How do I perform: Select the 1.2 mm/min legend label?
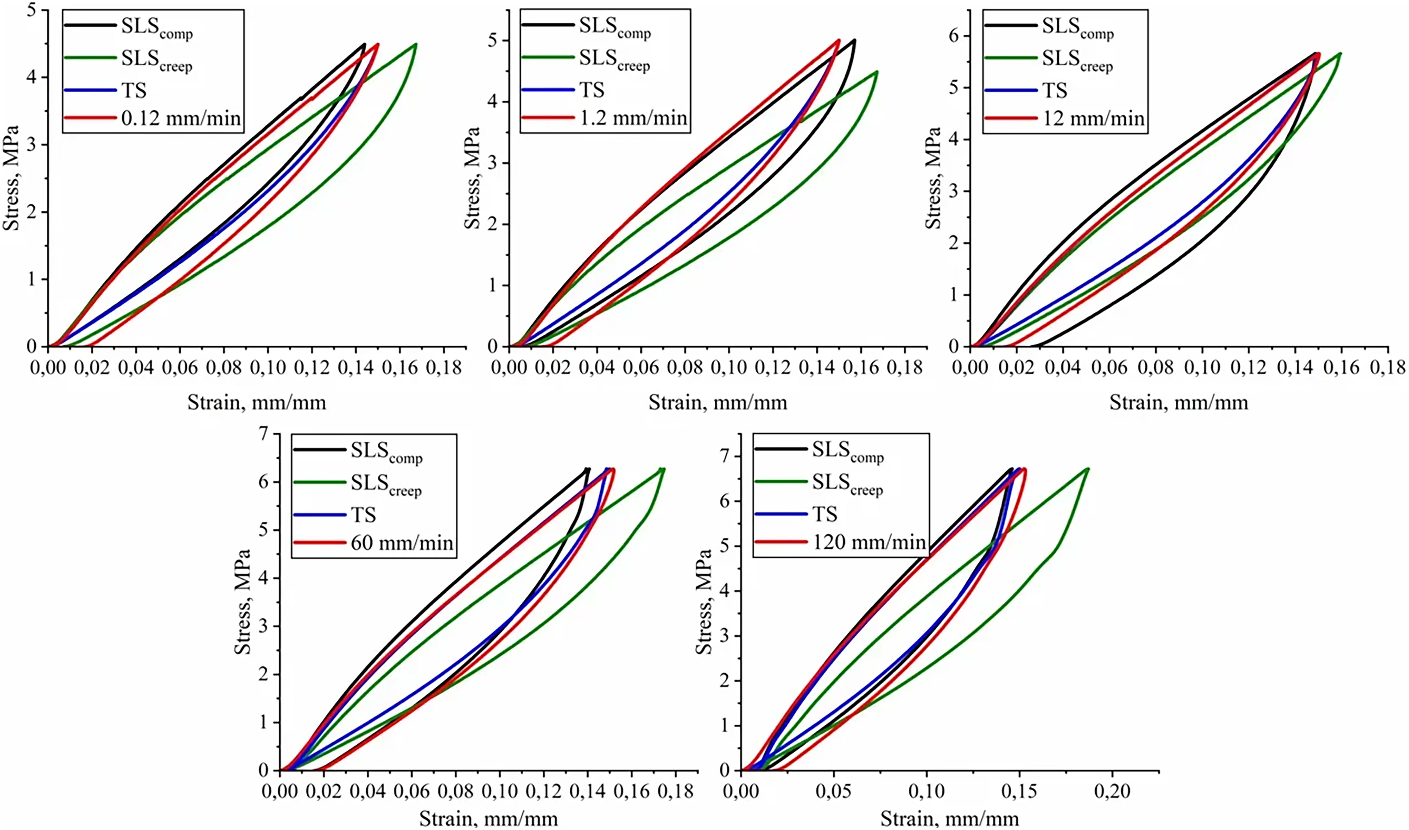(633, 118)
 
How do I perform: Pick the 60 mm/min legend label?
(402, 543)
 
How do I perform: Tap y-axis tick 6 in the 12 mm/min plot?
(954, 36)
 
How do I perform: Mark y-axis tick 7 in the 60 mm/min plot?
(263, 434)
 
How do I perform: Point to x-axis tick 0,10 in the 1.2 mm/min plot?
(728, 367)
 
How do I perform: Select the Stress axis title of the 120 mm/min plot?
(704, 601)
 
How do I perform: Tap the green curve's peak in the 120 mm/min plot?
(1087, 469)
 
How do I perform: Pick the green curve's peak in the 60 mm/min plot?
(662, 469)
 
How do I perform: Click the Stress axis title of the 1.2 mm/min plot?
(473, 178)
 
